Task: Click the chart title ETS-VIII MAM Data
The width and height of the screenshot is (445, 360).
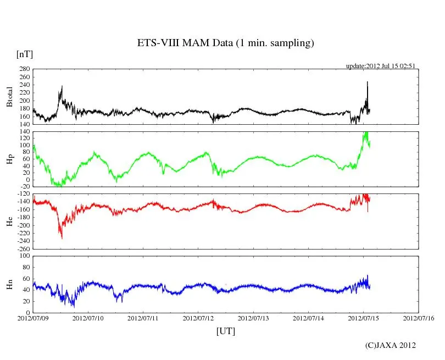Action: coord(225,43)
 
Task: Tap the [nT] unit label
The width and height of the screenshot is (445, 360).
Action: coord(25,54)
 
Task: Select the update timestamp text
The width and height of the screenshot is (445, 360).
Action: coord(380,66)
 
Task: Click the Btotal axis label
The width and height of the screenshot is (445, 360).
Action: coord(9,97)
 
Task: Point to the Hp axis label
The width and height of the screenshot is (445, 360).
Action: coord(9,159)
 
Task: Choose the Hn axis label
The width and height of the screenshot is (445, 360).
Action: coord(9,284)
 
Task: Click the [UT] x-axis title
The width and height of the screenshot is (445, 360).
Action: coord(225,331)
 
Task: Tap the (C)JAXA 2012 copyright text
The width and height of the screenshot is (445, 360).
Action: coord(391,345)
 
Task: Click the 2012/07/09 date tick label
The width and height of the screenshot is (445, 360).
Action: coord(33,318)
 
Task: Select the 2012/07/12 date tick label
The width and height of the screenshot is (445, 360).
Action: coord(198,318)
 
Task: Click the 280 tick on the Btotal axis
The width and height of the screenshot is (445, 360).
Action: coord(24,70)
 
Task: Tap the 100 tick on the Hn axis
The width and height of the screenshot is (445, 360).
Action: coord(24,256)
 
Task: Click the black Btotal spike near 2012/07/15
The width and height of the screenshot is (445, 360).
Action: coord(367,82)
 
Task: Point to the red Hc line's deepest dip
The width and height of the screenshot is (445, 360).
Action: coord(62,237)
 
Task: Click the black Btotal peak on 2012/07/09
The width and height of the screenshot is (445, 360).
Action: coord(62,86)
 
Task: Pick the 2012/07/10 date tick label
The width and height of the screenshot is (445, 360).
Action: coord(88,318)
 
